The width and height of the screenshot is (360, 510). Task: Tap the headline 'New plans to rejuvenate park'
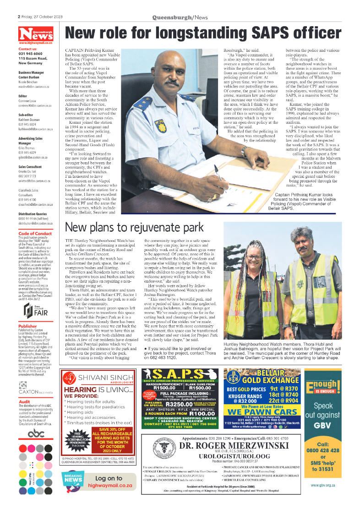point(134,227)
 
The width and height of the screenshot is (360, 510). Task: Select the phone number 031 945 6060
point(31,54)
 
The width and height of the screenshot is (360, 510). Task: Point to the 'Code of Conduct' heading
point(35,233)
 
